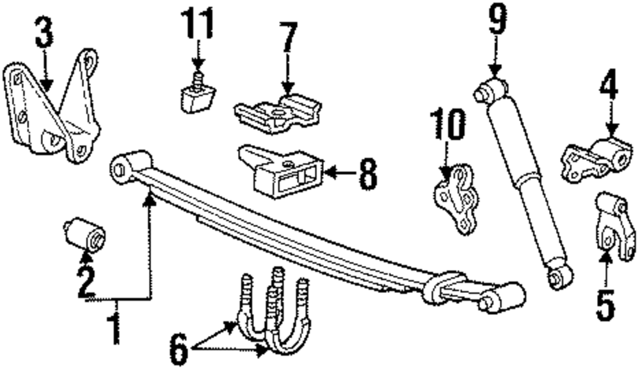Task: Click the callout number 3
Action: (x=44, y=34)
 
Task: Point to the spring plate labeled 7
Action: (x=276, y=113)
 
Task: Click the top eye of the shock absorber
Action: (x=490, y=89)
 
